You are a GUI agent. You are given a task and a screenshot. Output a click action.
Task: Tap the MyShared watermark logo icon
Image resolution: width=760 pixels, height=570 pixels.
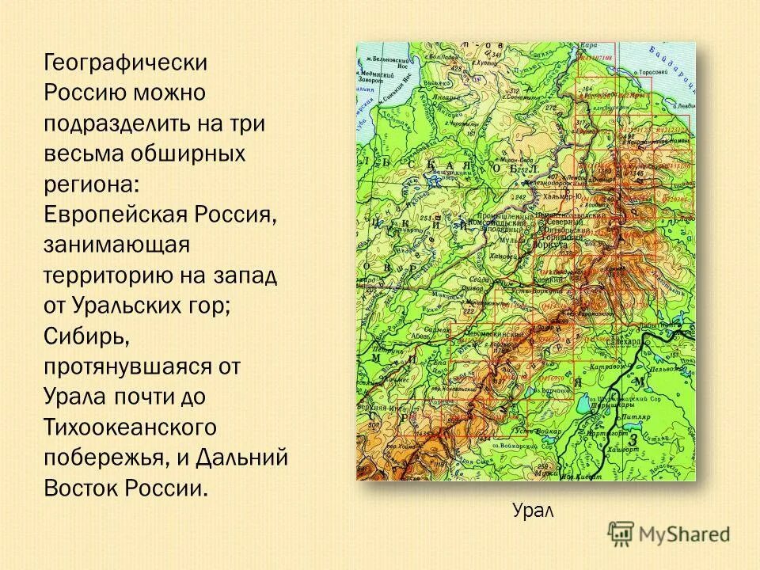(621, 534)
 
